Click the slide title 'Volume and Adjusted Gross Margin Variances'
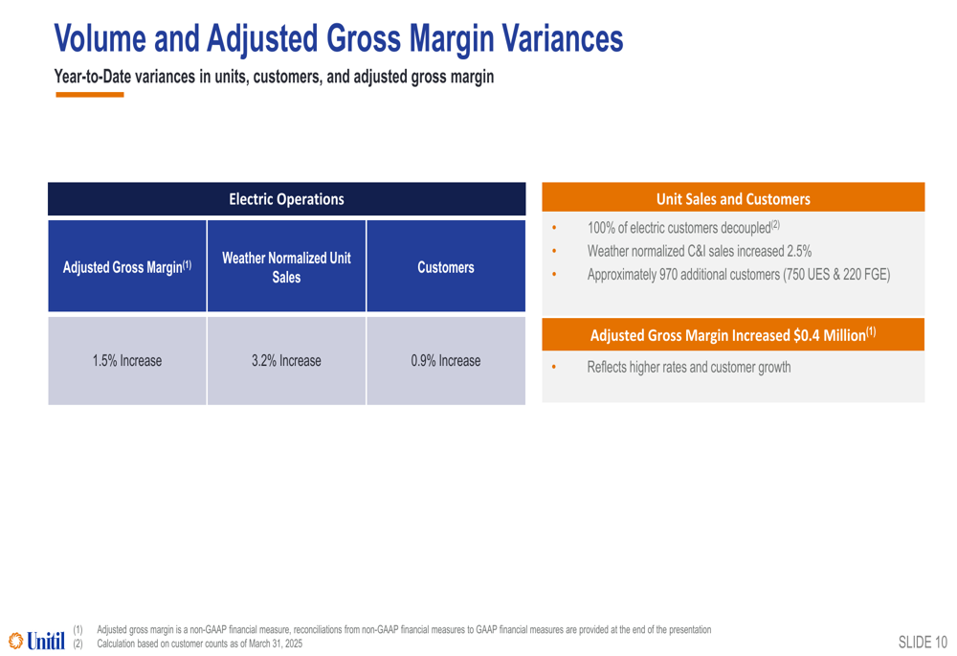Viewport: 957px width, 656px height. pos(339,38)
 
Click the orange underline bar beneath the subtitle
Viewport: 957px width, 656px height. pos(90,95)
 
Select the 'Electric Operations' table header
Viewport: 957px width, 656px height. pos(286,199)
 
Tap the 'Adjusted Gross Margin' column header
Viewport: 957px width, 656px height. pos(127,266)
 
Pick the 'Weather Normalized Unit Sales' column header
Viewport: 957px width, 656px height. pos(286,266)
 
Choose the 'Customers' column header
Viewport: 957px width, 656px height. pos(446,266)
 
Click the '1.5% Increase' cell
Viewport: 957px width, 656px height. pos(127,360)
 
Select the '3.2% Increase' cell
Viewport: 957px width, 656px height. pos(286,360)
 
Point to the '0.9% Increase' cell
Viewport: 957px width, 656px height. pos(446,360)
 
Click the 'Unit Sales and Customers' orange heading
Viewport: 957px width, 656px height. pos(733,198)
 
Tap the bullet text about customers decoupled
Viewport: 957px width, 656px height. pos(683,227)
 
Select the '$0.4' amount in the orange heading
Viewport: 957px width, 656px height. pos(806,335)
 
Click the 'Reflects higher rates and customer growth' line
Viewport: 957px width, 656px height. pos(689,367)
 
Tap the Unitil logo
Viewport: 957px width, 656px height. pos(36,641)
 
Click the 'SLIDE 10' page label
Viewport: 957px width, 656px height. pos(923,642)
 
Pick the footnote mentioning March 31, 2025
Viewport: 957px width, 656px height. pos(200,644)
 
